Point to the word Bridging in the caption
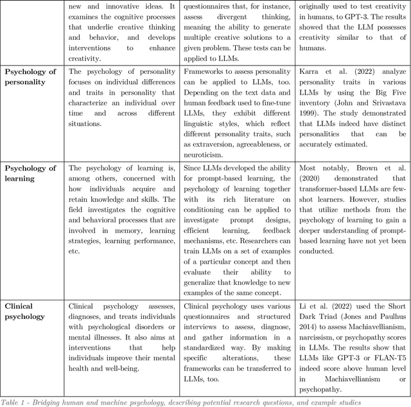tap(60, 401)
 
